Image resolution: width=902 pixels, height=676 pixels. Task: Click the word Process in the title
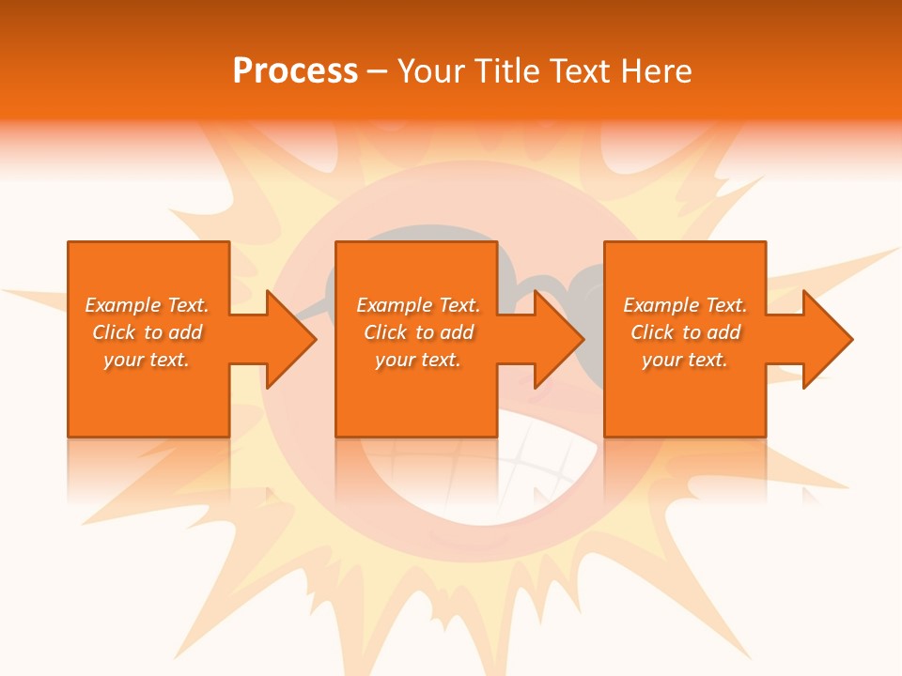click(x=295, y=71)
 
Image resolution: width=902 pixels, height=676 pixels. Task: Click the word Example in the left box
click(x=123, y=305)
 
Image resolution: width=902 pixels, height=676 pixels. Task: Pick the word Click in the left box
click(x=115, y=332)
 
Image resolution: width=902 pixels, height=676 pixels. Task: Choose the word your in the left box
click(x=123, y=360)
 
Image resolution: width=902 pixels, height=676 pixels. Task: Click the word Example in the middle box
click(x=395, y=305)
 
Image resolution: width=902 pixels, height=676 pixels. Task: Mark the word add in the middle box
click(x=457, y=332)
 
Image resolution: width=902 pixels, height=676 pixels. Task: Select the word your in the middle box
click(x=395, y=360)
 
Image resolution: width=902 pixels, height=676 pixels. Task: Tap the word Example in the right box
click(x=661, y=305)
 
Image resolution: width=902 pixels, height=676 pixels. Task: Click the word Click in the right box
click(x=653, y=332)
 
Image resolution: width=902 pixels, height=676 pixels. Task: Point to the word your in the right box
click(x=661, y=360)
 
